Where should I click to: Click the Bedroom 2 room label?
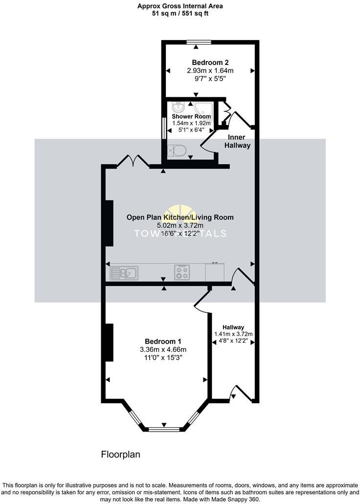point(210,63)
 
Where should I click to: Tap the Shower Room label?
point(191,117)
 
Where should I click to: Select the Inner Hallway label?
point(237,142)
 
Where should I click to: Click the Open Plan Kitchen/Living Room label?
point(180,218)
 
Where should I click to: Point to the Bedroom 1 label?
point(163,341)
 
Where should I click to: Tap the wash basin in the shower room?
point(178,107)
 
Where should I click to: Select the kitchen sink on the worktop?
point(125,272)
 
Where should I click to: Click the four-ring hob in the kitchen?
point(182,272)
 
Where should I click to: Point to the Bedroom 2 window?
point(199,42)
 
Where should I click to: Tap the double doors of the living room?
point(133,161)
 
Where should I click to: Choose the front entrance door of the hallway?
point(242,394)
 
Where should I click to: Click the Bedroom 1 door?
point(202,299)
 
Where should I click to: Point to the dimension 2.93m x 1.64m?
point(210,70)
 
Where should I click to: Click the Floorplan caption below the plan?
point(120,455)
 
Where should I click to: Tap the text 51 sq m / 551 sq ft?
point(180,14)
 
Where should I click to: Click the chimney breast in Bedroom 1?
point(110,342)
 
